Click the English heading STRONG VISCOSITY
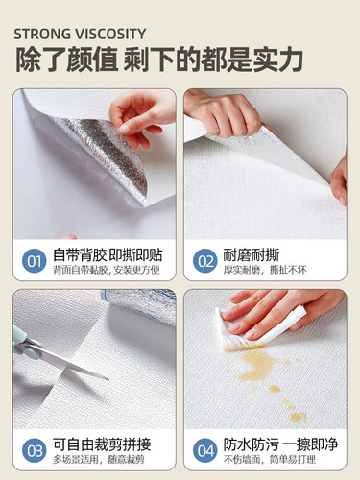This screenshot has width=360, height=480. click(81, 33)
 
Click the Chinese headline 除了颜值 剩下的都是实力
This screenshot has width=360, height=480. click(158, 60)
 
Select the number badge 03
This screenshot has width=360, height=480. click(33, 450)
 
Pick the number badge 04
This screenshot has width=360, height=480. click(204, 450)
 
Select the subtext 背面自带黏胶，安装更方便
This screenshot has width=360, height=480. click(107, 269)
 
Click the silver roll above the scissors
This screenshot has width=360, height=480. click(139, 307)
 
